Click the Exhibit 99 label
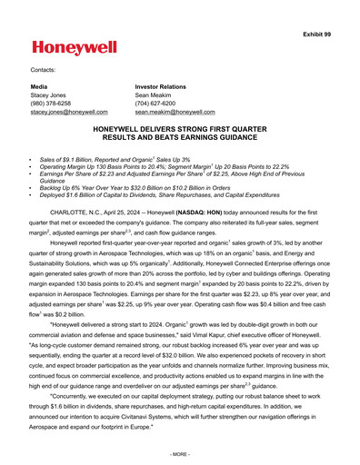(x=325, y=8)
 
